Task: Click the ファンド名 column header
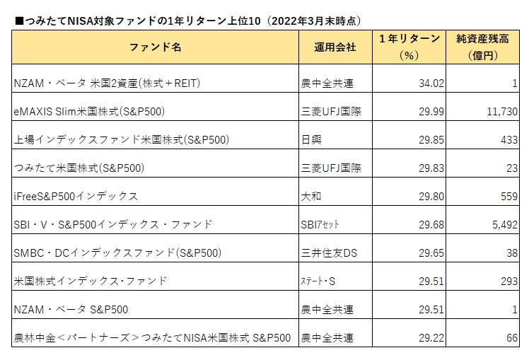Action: pos(155,47)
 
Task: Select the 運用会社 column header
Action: pos(335,47)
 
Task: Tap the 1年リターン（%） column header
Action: pos(409,47)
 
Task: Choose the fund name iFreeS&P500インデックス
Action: pos(76,197)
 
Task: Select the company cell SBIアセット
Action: pos(320,225)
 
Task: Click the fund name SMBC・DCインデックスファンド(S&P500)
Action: pos(117,253)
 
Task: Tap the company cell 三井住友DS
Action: pos(329,253)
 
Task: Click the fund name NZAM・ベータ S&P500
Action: pos(71,310)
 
